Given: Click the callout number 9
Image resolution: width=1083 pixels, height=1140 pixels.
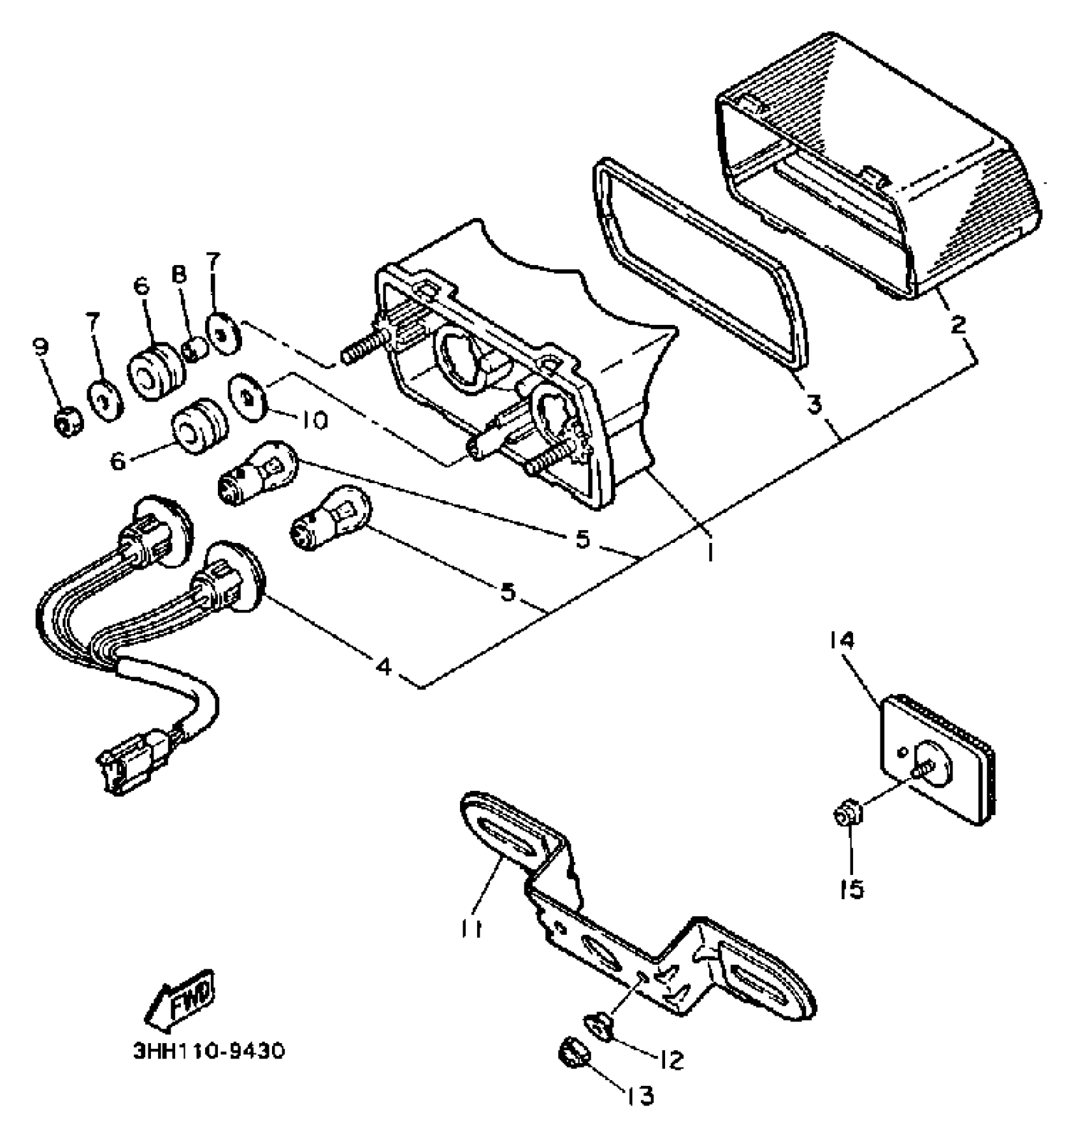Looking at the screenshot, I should click(x=40, y=347).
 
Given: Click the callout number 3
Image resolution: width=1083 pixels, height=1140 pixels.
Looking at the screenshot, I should click(x=815, y=404).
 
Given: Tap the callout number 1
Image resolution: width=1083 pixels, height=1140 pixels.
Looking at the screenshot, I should click(x=708, y=551).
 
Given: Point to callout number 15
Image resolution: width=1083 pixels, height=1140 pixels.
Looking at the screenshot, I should click(x=852, y=888).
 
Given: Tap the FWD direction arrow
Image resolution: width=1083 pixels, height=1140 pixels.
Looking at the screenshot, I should click(x=181, y=999).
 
